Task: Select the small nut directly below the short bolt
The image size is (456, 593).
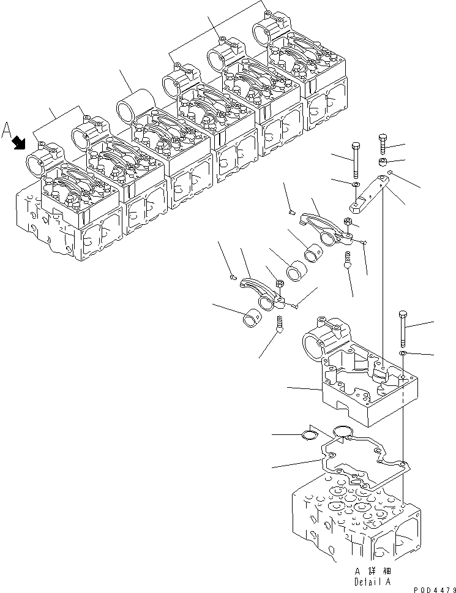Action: pos(382,163)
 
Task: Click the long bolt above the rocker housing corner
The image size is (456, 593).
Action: pos(403,329)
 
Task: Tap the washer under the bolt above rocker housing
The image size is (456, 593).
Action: pos(403,355)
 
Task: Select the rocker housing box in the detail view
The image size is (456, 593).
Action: pos(361,383)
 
